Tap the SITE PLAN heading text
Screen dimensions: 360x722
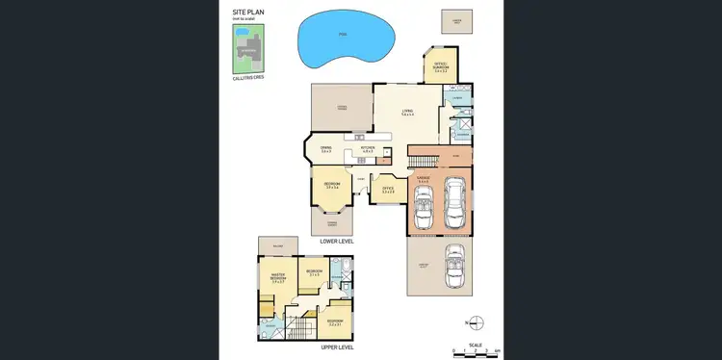point(248,12)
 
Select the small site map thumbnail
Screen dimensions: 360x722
point(247,48)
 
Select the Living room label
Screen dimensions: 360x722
point(408,113)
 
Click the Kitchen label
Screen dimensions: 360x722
point(367,149)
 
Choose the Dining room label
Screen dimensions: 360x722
point(326,149)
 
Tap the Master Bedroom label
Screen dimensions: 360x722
point(279,278)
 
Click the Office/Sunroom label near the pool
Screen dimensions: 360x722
point(442,68)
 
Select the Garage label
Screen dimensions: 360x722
point(423,178)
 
